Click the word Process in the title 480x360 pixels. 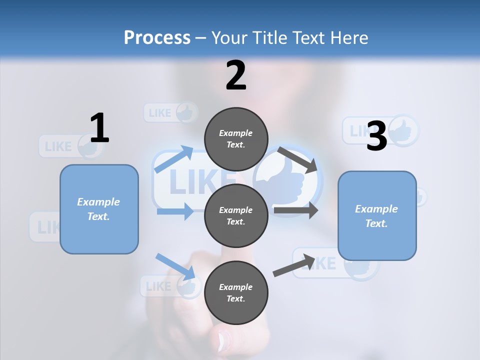(157, 37)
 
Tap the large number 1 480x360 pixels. (99, 128)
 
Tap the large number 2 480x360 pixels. (236, 75)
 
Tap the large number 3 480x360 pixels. (376, 136)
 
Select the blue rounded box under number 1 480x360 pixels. (99, 209)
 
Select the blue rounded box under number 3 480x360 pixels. (377, 215)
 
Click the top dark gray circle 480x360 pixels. (236, 139)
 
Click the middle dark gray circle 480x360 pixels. (236, 215)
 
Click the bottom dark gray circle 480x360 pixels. (236, 292)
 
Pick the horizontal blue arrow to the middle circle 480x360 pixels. (175, 211)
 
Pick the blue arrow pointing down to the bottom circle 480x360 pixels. (175, 266)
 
